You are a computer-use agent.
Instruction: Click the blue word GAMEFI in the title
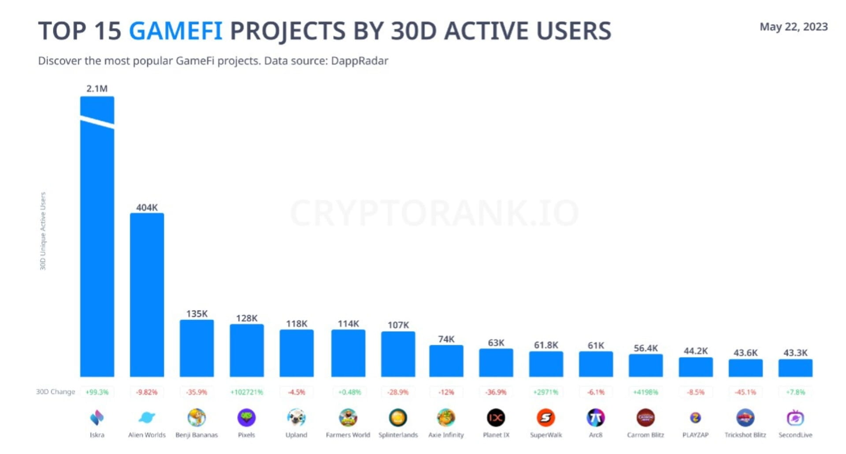click(x=175, y=31)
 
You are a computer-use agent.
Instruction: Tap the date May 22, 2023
click(x=793, y=27)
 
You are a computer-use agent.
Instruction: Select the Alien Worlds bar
click(x=147, y=295)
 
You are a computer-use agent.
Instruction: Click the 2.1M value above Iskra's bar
click(x=97, y=89)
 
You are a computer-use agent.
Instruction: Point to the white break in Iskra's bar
click(x=97, y=122)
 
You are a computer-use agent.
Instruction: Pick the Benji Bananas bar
click(x=197, y=348)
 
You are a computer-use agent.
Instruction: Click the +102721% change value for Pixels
click(x=246, y=392)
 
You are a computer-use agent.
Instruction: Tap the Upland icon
click(x=296, y=417)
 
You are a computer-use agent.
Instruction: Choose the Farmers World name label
click(x=348, y=435)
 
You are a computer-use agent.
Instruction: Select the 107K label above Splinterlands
click(x=398, y=325)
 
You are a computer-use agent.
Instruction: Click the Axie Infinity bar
click(x=446, y=361)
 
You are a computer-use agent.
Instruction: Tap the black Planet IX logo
click(x=496, y=417)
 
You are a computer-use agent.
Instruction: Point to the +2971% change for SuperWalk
click(x=545, y=392)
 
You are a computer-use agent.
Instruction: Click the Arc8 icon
click(x=595, y=417)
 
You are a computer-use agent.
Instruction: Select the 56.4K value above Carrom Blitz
click(x=646, y=348)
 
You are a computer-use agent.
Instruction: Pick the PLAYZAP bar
click(x=695, y=367)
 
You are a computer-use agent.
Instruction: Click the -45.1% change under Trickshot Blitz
click(x=745, y=392)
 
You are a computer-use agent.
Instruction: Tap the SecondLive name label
click(x=795, y=435)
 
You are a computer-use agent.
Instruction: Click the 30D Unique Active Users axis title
click(x=43, y=231)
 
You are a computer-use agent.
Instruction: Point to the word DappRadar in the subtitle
click(x=359, y=61)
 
